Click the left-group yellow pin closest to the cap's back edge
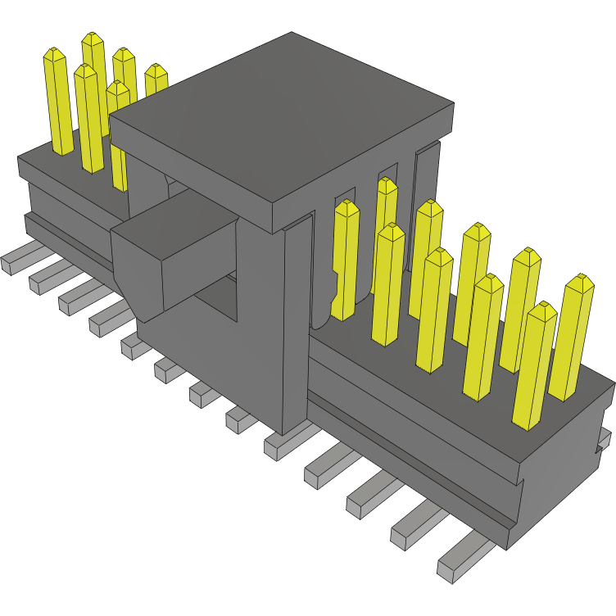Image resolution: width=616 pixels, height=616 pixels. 156,82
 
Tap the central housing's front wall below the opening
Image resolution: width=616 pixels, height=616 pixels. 213,360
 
